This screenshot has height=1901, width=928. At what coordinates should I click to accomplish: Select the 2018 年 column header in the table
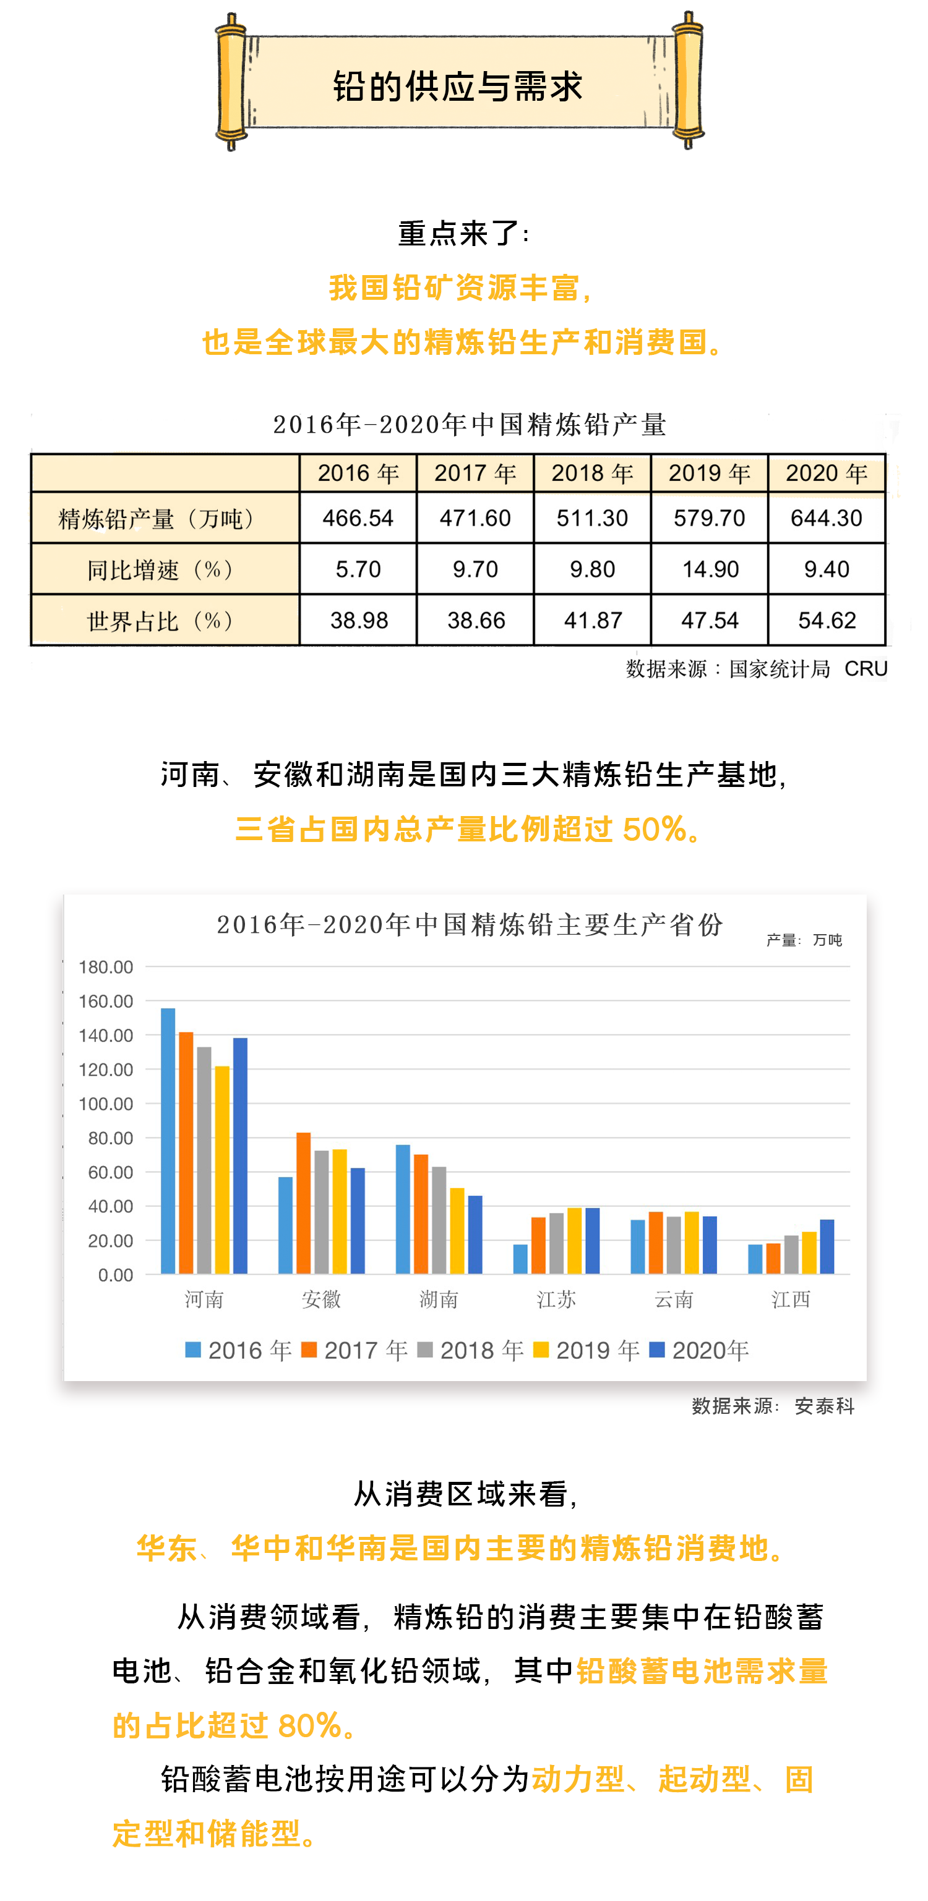click(x=592, y=473)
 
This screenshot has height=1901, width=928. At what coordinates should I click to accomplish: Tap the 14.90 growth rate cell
click(x=710, y=569)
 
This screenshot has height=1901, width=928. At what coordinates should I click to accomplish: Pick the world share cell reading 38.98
click(x=359, y=620)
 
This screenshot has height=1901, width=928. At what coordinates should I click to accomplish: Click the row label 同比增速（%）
click(x=164, y=569)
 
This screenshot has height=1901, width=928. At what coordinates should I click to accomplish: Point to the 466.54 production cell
click(x=358, y=518)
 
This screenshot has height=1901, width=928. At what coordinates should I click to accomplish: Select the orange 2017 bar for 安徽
click(x=303, y=1203)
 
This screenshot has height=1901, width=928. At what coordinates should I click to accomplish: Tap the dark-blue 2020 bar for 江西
click(x=827, y=1246)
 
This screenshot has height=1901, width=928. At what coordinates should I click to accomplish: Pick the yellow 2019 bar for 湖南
click(x=457, y=1230)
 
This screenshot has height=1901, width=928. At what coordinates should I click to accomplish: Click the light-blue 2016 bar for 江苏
click(x=520, y=1259)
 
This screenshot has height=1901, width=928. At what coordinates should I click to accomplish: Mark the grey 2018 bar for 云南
click(x=673, y=1245)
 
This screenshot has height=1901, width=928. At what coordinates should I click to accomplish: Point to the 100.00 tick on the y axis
click(x=106, y=1104)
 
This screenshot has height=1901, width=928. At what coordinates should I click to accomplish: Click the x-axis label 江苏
click(x=556, y=1299)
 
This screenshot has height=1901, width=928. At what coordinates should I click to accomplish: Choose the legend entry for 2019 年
click(x=588, y=1350)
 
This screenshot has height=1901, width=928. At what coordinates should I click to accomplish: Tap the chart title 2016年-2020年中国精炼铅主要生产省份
click(x=470, y=925)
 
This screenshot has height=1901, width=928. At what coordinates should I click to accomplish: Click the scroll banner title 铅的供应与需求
click(x=458, y=87)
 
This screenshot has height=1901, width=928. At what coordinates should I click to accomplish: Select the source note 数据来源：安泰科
click(x=773, y=1406)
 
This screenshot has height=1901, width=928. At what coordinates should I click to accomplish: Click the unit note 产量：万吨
click(x=804, y=940)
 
